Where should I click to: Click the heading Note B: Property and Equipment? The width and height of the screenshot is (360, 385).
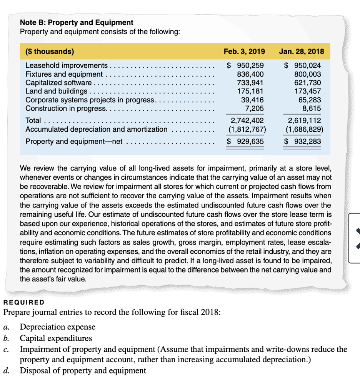[77, 22]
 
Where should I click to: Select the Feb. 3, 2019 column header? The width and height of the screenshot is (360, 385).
[244, 52]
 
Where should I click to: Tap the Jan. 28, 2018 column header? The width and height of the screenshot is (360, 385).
[301, 52]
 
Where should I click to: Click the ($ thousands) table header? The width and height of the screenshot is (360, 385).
[50, 52]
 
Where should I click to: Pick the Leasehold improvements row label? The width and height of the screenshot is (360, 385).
[67, 66]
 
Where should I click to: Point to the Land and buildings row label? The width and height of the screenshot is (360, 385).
[56, 91]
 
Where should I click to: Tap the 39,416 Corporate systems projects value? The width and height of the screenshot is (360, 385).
[253, 100]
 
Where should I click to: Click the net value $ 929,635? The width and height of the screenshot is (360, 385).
[245, 141]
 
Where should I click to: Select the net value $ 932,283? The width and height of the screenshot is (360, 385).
[302, 141]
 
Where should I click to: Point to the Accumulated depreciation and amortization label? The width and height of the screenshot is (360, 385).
[96, 129]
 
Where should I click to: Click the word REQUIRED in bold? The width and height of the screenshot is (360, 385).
[23, 302]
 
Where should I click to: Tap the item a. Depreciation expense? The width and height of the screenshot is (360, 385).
[57, 327]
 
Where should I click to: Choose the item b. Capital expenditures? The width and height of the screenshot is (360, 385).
[56, 338]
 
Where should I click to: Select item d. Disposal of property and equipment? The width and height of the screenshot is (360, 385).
[83, 371]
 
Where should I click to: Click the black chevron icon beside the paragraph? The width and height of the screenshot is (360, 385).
[356, 239]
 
